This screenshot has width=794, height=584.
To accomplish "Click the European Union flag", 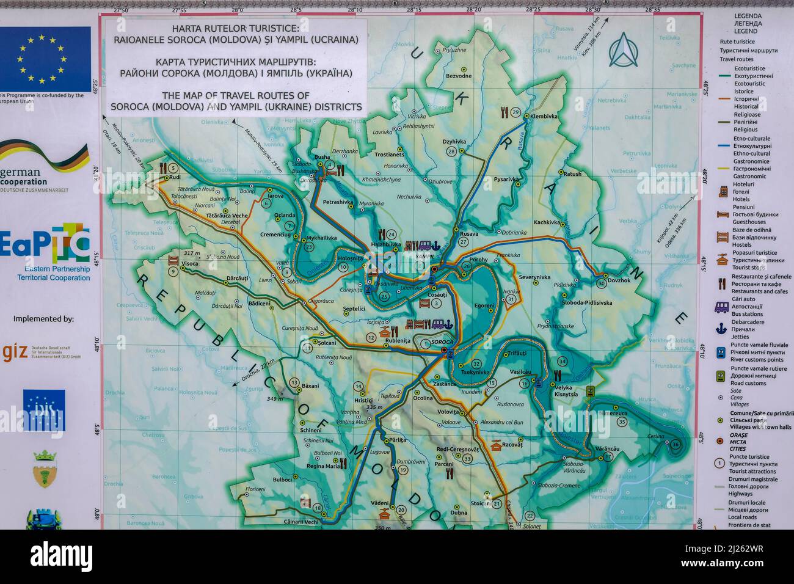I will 45,59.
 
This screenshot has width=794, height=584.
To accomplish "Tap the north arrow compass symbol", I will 623,50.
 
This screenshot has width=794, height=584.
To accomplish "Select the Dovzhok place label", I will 619,280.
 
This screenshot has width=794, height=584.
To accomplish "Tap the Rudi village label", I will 175,178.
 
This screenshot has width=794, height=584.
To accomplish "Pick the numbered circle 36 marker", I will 675,444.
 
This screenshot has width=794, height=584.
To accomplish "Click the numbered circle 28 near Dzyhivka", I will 451,151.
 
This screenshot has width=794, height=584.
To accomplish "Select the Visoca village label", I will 189,264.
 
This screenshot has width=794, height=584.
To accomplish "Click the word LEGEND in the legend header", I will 746,31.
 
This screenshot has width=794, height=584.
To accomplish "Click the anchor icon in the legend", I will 721,328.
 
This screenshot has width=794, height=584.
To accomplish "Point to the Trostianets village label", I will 389,155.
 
